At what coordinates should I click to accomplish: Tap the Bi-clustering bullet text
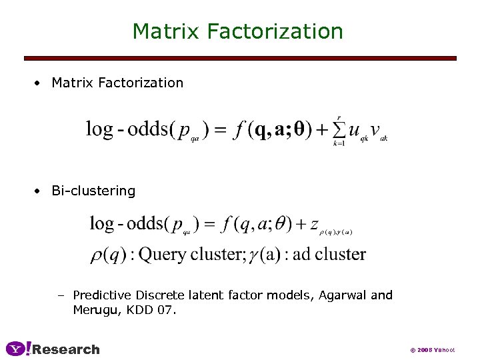(93, 191)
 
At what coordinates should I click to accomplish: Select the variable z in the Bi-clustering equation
(314, 225)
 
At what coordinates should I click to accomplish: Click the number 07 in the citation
(167, 309)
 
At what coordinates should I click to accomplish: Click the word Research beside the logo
(66, 349)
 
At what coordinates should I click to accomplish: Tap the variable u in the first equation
(355, 131)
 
